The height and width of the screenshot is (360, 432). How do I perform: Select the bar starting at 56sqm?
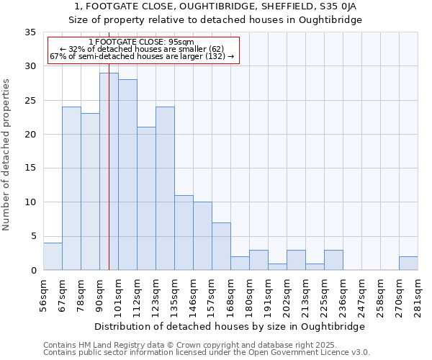click(x=53, y=256)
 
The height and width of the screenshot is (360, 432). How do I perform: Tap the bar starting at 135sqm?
click(x=184, y=233)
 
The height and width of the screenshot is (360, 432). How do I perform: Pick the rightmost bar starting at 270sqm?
click(x=408, y=264)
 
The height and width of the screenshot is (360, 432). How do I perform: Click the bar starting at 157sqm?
click(x=221, y=246)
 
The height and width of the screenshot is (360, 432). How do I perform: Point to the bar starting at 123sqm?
click(x=165, y=189)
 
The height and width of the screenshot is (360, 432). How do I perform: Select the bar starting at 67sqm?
click(x=71, y=189)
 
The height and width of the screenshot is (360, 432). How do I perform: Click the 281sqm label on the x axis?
click(x=418, y=294)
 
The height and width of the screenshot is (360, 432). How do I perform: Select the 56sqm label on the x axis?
click(x=44, y=294)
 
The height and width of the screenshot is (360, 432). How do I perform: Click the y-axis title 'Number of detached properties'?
click(x=6, y=155)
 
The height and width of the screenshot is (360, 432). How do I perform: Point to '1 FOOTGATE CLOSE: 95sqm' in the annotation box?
click(x=141, y=42)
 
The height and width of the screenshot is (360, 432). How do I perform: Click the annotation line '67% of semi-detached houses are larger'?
click(x=141, y=56)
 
